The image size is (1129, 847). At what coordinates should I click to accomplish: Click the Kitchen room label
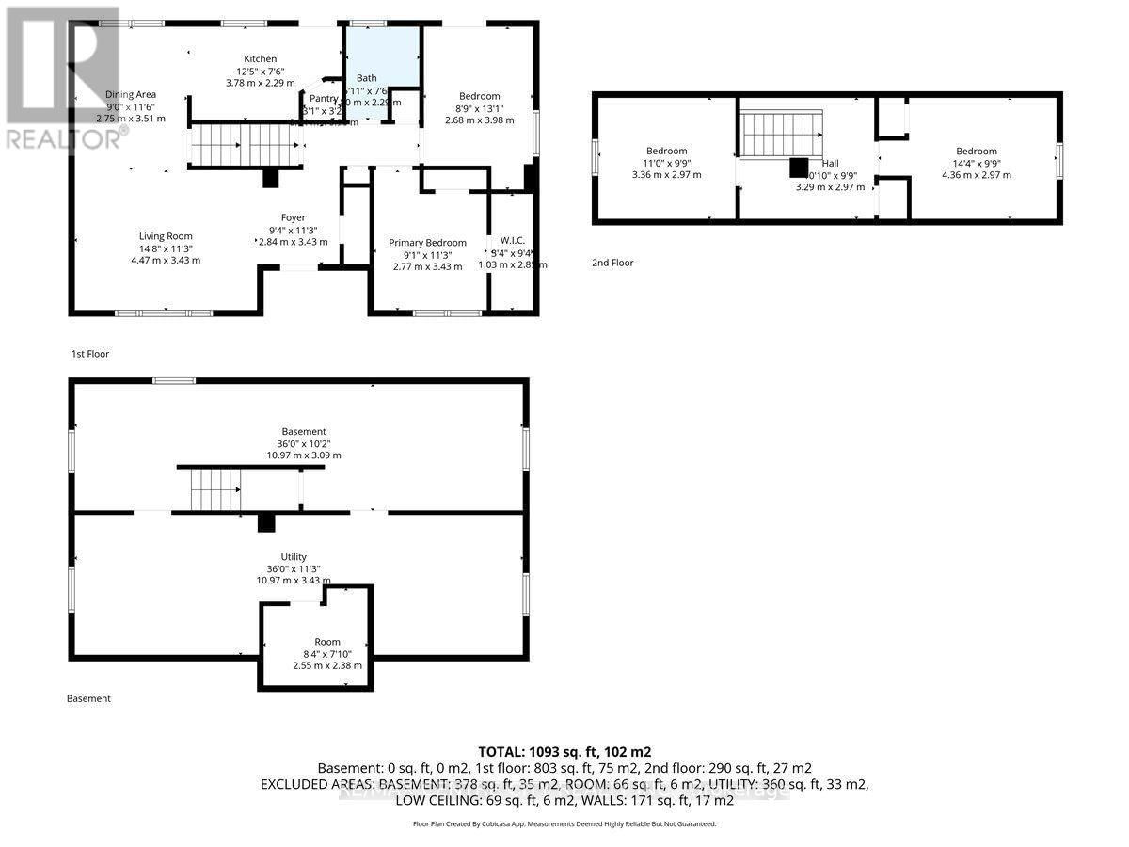pos(261,58)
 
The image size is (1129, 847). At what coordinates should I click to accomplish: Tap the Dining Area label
pos(131,94)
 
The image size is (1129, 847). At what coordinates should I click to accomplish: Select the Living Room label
pos(166,236)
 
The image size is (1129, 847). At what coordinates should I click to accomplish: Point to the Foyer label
pos(293,218)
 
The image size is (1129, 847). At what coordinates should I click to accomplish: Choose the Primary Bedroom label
pos(427,243)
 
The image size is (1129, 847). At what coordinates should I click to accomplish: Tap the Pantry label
pos(323,98)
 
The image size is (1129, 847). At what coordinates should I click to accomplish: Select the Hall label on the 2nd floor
pos(830,163)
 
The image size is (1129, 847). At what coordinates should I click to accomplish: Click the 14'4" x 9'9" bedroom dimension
pos(976,163)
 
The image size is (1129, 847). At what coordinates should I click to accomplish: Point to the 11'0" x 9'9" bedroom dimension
pos(666,163)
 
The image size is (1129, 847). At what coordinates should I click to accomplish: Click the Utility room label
pos(294,557)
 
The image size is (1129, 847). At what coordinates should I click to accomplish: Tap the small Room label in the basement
pos(327,642)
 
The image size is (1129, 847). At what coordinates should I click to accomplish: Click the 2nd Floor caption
pos(612,263)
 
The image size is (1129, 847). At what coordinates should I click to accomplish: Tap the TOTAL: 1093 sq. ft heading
pos(564,751)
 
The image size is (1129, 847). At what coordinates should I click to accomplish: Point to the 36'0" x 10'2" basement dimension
pos(303,443)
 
